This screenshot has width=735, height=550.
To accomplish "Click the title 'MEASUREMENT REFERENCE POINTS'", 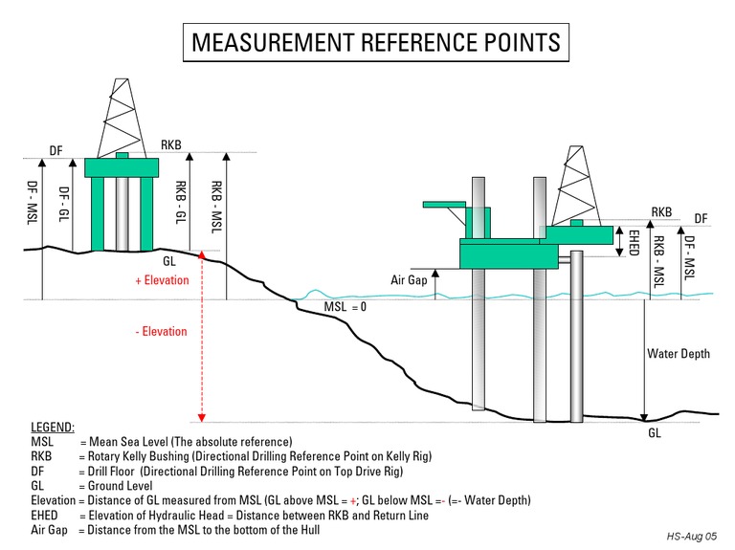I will click(376, 43).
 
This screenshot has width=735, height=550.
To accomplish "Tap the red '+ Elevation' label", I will click(163, 281).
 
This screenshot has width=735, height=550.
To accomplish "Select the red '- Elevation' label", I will click(162, 332).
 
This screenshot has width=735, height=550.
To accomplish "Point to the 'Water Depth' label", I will click(679, 354).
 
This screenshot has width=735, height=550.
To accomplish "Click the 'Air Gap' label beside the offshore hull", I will click(408, 280).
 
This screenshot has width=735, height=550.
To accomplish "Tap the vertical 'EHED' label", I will click(634, 241).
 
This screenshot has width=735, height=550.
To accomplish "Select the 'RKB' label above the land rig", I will click(171, 145).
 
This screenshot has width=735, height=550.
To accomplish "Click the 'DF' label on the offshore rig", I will click(701, 218).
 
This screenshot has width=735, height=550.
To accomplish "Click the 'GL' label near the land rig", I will click(168, 260).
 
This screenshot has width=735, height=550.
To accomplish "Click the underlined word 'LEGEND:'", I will click(53, 427).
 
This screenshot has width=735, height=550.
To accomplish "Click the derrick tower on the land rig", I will click(122, 115).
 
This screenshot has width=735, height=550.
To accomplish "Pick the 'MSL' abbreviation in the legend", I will click(42, 443).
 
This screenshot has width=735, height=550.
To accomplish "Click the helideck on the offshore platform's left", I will click(446, 204).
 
